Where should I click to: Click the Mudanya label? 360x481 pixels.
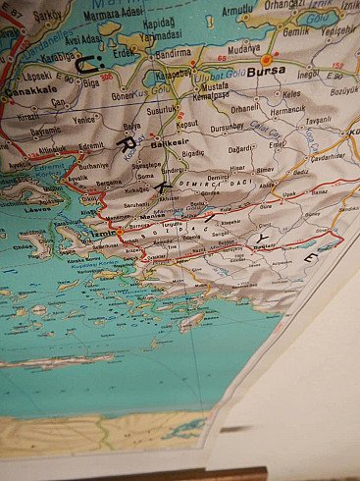tap(245, 45)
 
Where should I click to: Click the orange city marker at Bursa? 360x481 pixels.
tap(266, 59)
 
